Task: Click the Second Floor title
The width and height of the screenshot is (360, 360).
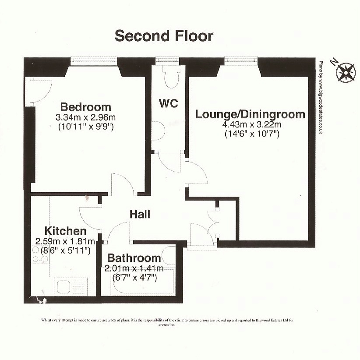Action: [x=164, y=36]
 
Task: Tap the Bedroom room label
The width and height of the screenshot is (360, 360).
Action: [x=86, y=107]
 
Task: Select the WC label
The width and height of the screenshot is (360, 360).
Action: [x=169, y=103]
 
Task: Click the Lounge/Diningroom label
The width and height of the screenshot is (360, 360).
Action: [x=250, y=114]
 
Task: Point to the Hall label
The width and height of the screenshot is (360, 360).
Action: [x=140, y=214]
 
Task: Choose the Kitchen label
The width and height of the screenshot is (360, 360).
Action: [x=65, y=231]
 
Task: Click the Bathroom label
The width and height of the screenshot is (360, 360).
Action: [x=134, y=258]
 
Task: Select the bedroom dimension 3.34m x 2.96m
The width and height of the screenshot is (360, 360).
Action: [x=86, y=117]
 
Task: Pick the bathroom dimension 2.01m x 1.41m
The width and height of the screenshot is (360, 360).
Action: [x=134, y=268]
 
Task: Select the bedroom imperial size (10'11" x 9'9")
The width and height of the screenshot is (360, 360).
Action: [x=86, y=127]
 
